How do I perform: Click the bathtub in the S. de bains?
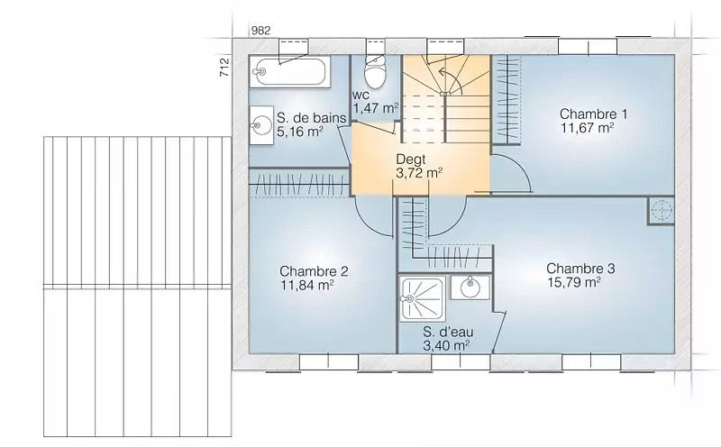pos(289,72)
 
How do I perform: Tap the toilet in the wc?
pos(376,73)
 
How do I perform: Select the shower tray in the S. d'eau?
pos(423,298)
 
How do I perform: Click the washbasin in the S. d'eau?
pos(470,287)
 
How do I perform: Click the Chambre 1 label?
pos(593,114)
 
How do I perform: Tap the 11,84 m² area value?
pos(307,285)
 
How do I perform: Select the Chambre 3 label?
pos(580,268)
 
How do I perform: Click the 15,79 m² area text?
pos(574,282)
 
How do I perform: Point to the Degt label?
pos(411,160)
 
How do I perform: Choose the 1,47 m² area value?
pos(375,108)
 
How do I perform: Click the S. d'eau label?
pos(448,332)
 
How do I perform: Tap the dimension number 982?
pos(260,31)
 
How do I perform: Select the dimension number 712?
pos(224,68)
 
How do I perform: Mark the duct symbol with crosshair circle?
pos(662,211)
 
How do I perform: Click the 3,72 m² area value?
pos(419,173)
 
